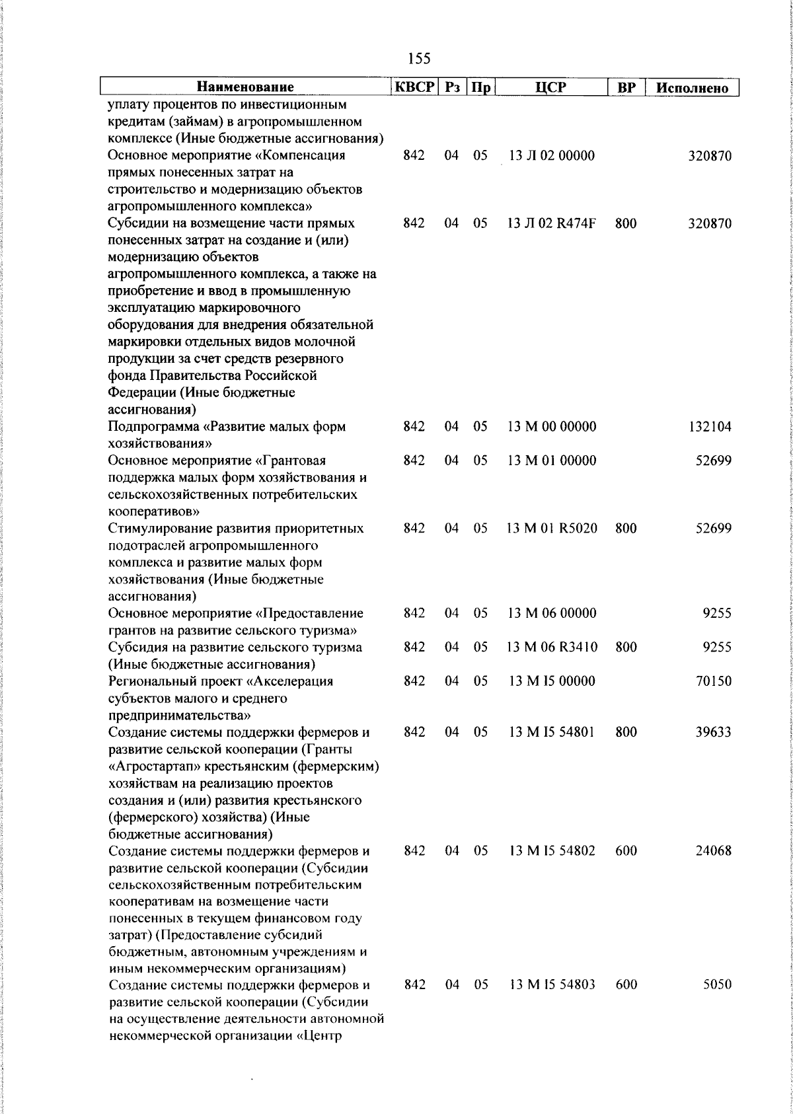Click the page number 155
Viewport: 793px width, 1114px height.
pos(419,59)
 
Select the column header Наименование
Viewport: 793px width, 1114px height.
pos(245,87)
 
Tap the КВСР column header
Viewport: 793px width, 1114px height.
pos(414,87)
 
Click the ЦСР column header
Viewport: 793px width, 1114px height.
pos(551,87)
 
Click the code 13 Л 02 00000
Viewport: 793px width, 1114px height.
pos(552,156)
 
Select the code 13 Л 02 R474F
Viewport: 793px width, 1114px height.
pos(552,223)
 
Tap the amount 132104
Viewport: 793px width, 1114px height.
pos(710,427)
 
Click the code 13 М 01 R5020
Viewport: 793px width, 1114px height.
pos(552,529)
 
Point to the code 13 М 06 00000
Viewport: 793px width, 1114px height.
pos(552,613)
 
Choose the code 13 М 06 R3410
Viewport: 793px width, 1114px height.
pos(552,647)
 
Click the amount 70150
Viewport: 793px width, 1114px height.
pos(714,681)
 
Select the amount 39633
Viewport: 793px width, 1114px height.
pos(714,732)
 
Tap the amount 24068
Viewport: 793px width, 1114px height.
pos(714,851)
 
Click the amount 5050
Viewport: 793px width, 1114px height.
pos(717,984)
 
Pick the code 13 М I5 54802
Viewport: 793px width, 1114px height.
pos(552,851)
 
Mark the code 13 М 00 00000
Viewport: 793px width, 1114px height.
pos(552,427)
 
